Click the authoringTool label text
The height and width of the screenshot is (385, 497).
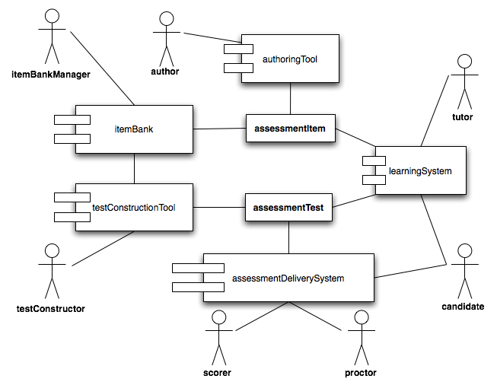coord(289,59)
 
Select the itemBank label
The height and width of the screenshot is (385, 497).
coord(134,129)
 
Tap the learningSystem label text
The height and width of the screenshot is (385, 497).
coord(420,171)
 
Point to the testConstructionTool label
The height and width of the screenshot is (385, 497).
coord(134,207)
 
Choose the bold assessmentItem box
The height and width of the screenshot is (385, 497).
coord(290,129)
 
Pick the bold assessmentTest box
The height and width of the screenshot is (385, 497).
coord(288,207)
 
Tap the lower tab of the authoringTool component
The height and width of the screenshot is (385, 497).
coord(238,68)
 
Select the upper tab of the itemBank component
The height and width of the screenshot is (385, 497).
coord(72,119)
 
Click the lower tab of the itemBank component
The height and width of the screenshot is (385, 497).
coord(72,138)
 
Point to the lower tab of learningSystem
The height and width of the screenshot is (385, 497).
coord(374,180)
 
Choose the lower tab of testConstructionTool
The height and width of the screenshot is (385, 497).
coord(72,217)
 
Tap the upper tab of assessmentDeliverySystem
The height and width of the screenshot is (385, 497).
coord(198,268)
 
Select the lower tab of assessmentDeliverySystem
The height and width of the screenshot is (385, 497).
coord(198,287)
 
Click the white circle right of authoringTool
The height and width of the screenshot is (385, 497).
coord(464,61)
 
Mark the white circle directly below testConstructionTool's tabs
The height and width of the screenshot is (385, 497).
coord(52,250)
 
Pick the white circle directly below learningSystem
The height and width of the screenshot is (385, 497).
coord(464,250)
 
